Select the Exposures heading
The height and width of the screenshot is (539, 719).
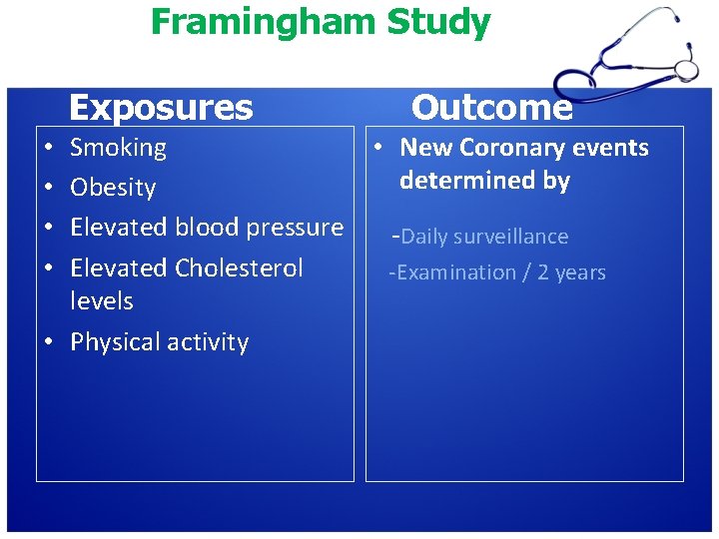pos(161,107)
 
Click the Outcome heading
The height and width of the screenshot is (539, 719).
pos(491,107)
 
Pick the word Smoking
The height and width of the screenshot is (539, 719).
pos(118,148)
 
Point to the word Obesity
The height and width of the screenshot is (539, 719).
pos(113,188)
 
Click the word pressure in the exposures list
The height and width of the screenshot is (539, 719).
pos(294,228)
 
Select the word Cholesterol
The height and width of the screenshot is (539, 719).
pos(239,268)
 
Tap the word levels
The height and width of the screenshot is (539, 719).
pos(101,300)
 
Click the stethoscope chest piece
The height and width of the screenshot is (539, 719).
pos(686,68)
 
